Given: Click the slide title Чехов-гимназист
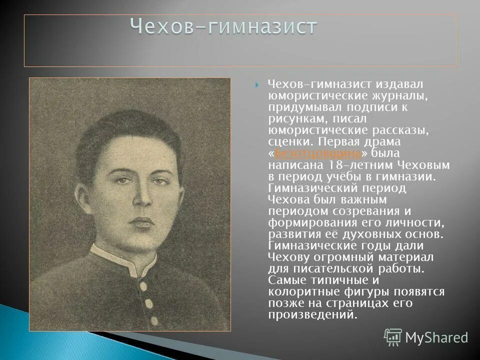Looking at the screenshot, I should click(x=223, y=26).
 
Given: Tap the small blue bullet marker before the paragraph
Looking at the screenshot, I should click(x=256, y=85).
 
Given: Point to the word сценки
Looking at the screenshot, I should click(x=285, y=141).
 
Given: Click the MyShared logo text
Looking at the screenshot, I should click(x=436, y=337).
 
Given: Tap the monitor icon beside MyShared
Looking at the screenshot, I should click(x=393, y=337).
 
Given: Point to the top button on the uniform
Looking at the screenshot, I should click(x=142, y=286).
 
